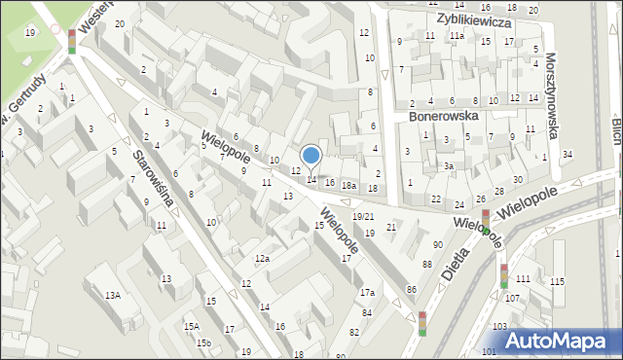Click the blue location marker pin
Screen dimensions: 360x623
(x=311, y=155)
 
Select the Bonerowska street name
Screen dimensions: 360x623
(x=443, y=115)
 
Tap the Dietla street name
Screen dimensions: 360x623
(x=455, y=262)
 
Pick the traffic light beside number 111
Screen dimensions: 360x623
(x=503, y=275)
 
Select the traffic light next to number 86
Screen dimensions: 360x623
(x=422, y=323)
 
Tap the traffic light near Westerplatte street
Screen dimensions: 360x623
(x=71, y=41)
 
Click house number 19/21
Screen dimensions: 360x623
(x=363, y=216)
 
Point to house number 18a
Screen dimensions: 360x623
(x=348, y=185)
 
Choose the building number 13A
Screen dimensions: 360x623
(x=113, y=295)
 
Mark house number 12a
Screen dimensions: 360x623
(x=262, y=258)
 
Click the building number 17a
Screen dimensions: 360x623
(x=367, y=292)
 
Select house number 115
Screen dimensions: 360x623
(x=556, y=281)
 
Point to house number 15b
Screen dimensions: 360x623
(x=203, y=342)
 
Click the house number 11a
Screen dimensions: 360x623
(x=456, y=35)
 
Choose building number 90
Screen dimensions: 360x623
(x=438, y=243)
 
